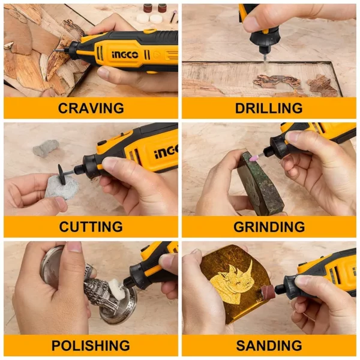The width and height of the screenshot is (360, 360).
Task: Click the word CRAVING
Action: [91, 108]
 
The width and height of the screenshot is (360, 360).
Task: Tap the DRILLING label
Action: [269, 108]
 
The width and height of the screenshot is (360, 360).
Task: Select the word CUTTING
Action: [91, 227]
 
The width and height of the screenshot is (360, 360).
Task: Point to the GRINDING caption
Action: [269, 227]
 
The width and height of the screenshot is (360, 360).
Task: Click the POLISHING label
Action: [91, 346]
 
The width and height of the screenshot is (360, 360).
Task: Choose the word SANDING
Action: [269, 346]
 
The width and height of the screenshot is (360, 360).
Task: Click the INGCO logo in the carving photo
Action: [125, 55]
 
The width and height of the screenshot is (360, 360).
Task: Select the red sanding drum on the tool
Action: [267, 293]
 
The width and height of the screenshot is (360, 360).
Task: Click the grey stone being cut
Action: [61, 187]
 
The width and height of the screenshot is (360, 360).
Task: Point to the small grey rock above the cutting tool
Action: [46, 149]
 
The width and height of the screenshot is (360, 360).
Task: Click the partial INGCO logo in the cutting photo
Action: [166, 152]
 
